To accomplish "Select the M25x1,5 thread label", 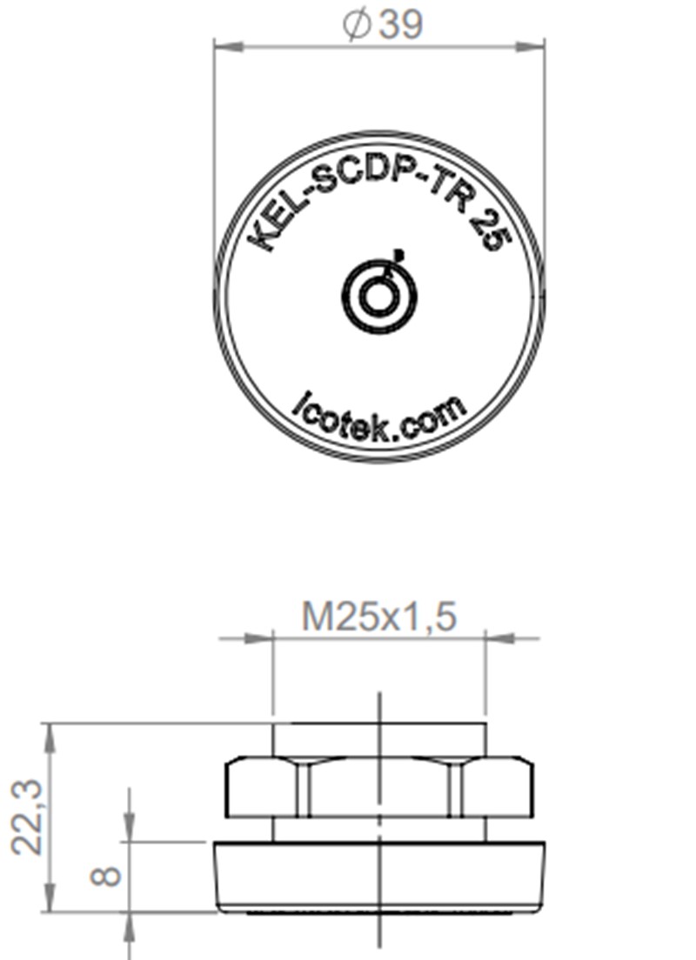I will tap(378, 617).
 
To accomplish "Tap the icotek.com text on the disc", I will tap(380, 418).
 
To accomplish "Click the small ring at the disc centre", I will tap(378, 297).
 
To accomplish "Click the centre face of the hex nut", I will tap(378, 788).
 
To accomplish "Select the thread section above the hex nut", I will tap(378, 739).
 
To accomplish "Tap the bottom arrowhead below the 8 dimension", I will tap(129, 927).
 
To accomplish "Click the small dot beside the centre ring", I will tap(398, 254).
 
